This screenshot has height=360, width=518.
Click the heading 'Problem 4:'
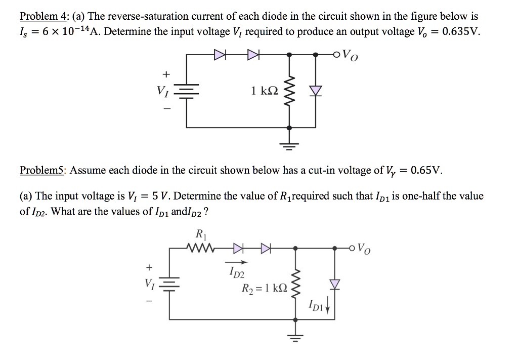pyautogui.click(x=43, y=16)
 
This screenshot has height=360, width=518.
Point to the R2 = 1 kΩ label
pyautogui.click(x=265, y=290)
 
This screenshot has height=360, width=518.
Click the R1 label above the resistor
pyautogui.click(x=200, y=234)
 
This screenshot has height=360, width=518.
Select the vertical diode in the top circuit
pyautogui.click(x=317, y=90)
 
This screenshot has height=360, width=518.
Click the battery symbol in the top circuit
pyautogui.click(x=187, y=91)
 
